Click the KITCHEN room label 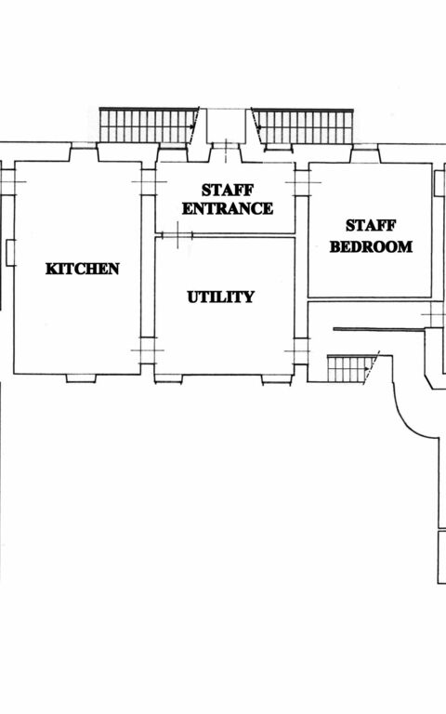(x=82, y=269)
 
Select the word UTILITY (x=220, y=297)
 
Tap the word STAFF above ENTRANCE (x=228, y=190)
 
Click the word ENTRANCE (x=228, y=208)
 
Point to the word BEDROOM (x=371, y=247)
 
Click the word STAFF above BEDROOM (x=371, y=226)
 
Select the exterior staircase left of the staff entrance (x=147, y=126)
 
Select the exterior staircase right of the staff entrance (x=303, y=126)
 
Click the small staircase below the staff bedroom (x=350, y=369)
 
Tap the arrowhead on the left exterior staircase (x=193, y=124)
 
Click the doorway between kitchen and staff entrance (x=148, y=182)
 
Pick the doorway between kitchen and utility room (x=148, y=350)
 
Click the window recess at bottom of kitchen (x=81, y=378)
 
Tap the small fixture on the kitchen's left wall (x=10, y=251)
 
